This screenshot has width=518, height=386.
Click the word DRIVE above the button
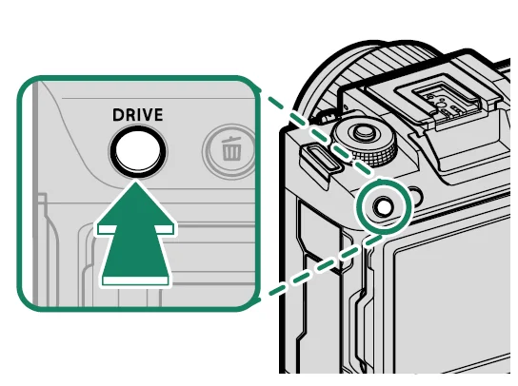[138, 115]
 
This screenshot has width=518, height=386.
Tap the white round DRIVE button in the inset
[138, 148]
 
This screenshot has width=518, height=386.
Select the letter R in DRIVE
[129, 115]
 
